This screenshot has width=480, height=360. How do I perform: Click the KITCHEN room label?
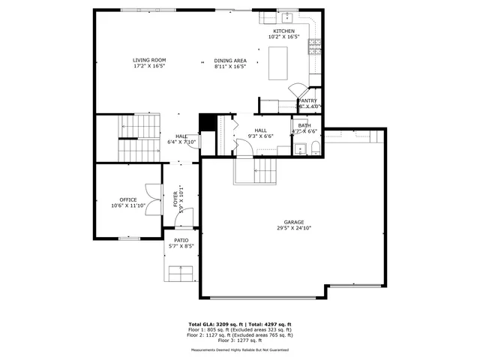284,31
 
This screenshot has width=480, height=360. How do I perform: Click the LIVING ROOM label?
149,60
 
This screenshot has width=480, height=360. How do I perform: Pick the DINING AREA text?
229,60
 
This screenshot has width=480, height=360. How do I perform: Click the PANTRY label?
307,100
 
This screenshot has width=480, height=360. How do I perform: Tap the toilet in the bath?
316,145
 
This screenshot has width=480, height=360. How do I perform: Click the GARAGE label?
293,222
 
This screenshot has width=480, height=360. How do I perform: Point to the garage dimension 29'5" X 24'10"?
293,228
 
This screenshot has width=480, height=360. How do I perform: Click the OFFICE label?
128,199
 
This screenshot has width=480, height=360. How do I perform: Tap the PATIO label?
181,240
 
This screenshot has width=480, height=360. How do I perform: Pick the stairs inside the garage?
254,172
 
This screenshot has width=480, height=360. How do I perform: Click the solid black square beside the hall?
207,123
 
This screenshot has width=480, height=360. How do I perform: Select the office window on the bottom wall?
129,238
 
